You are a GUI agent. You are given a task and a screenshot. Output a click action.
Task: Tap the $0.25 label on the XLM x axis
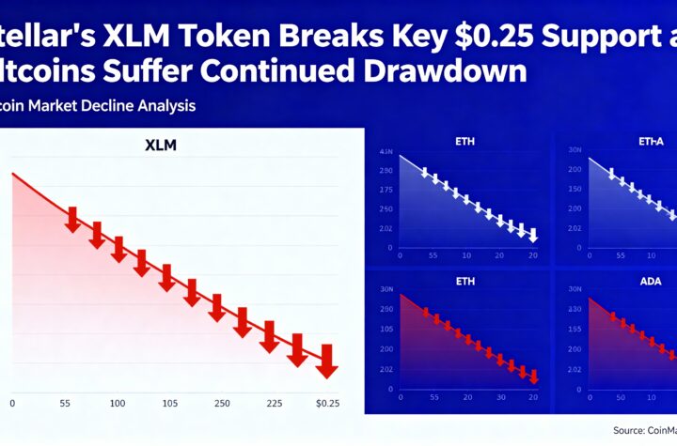[x=327, y=403]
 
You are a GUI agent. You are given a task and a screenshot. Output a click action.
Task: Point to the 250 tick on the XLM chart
[x=224, y=403]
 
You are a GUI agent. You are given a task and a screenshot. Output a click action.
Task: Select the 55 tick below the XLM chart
[x=66, y=403]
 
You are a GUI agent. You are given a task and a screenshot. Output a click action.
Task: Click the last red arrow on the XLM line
[x=326, y=362]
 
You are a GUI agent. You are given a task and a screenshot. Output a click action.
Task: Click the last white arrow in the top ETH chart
[x=533, y=235]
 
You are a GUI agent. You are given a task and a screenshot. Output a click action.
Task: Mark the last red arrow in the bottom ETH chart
[x=533, y=377]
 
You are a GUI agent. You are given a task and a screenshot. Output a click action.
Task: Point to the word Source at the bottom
[x=606, y=429]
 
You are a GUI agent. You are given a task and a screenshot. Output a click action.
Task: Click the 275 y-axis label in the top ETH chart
[x=386, y=189]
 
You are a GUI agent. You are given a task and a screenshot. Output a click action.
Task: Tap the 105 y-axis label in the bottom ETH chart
[x=386, y=330]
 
